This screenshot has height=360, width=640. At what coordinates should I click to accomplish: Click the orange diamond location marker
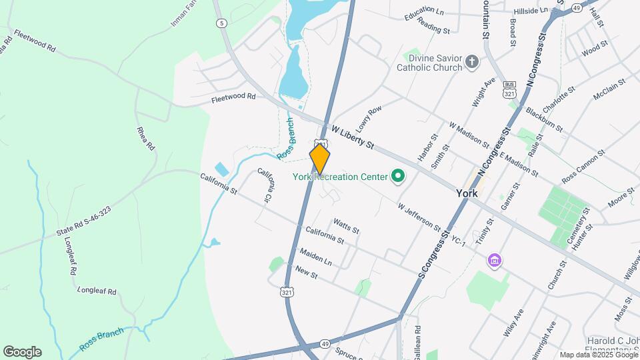coord(320,159)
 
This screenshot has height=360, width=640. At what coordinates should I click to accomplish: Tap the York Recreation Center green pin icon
coord(398,177)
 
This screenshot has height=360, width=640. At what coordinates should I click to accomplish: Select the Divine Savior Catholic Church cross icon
coord(472,62)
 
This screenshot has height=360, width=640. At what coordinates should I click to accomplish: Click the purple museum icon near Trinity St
coord(494,259)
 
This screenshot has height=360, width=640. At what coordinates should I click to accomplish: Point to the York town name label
coord(467,193)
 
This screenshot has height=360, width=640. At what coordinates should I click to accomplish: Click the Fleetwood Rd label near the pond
coord(233,97)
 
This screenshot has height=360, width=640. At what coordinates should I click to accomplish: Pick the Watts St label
coord(346,227)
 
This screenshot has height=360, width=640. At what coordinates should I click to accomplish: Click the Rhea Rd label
coord(145,138)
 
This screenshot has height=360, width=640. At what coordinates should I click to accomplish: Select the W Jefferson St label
coord(419,217)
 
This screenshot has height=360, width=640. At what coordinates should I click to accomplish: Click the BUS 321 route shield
coord(510,90)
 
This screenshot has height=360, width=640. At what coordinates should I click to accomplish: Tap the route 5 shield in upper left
coord(221,23)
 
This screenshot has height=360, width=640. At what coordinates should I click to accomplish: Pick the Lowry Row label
coord(370,119)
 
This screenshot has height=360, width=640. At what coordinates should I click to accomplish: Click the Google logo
coord(22,352)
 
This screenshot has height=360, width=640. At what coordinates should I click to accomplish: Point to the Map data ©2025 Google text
coord(598,355)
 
